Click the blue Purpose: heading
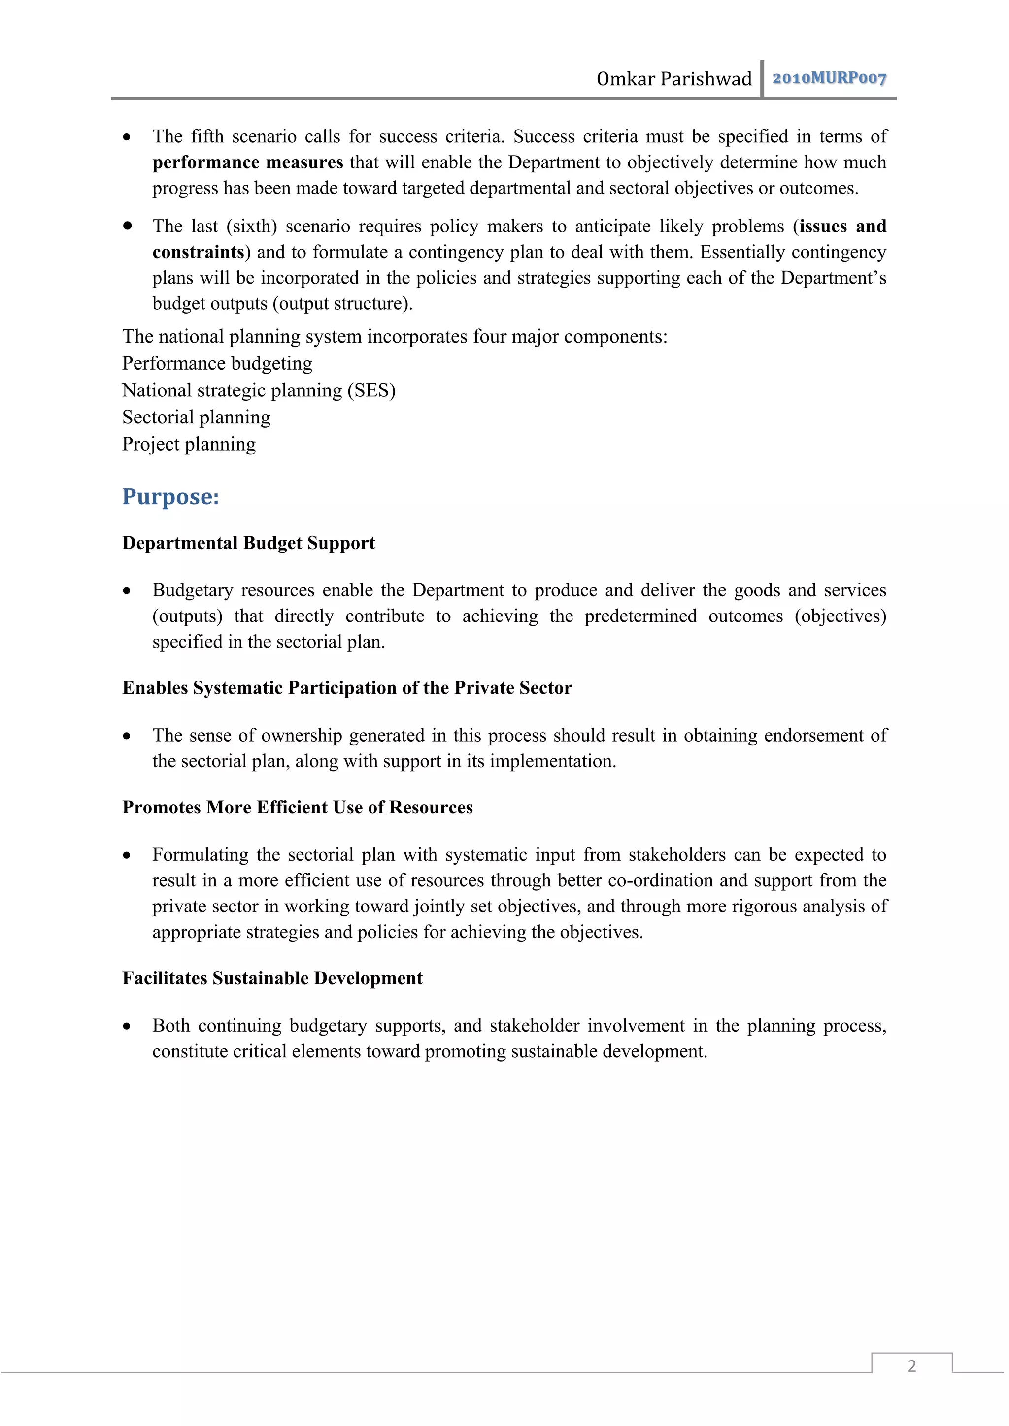click(171, 497)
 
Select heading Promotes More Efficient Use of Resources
click(298, 808)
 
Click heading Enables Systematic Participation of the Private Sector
click(347, 688)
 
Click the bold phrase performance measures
click(247, 162)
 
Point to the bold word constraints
click(198, 252)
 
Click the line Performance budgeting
click(217, 363)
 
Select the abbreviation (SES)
click(371, 390)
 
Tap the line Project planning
click(189, 444)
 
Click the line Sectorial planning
click(197, 418)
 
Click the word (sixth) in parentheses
click(252, 226)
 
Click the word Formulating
click(200, 855)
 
